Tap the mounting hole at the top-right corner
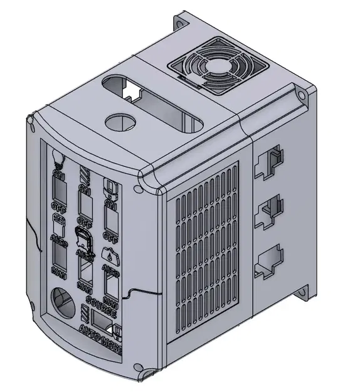pyautogui.click(x=304, y=95)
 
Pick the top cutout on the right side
pyautogui.click(x=269, y=162)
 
